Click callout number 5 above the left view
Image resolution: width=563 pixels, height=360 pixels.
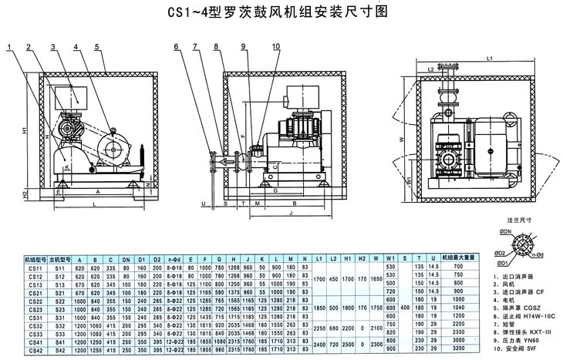coord(97,47)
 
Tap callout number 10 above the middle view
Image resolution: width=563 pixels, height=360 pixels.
coord(275,47)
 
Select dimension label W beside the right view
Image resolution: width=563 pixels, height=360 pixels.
coord(403,139)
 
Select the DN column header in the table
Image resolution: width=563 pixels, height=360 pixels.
coord(126,259)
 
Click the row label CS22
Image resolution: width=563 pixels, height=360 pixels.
coord(34,301)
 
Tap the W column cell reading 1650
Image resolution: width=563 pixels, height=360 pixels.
coord(376,276)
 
